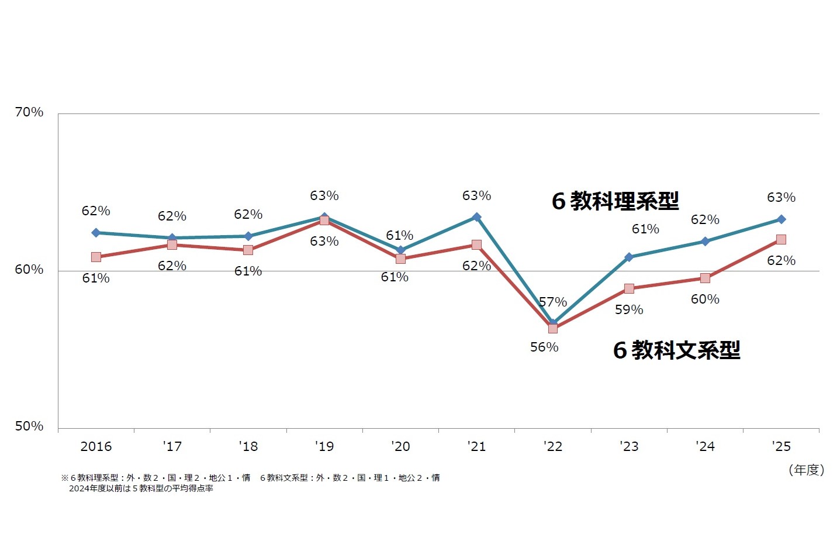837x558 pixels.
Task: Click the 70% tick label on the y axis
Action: (x=29, y=112)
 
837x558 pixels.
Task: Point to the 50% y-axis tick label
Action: (x=29, y=426)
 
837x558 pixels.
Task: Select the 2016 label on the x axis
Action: (x=96, y=447)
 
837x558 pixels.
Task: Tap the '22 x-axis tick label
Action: (x=552, y=447)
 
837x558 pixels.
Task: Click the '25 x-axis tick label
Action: (x=781, y=447)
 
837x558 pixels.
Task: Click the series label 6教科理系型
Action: (x=615, y=201)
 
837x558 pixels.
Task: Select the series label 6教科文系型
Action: (x=676, y=350)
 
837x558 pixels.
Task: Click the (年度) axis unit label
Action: (x=806, y=470)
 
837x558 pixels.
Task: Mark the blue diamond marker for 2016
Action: (x=96, y=233)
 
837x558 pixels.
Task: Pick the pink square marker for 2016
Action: (x=96, y=257)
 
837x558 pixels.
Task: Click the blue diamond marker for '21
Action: (x=476, y=217)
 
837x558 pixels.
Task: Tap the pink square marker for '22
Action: (x=553, y=328)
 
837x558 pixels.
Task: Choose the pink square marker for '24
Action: (x=705, y=278)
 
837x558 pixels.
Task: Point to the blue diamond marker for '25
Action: (x=781, y=219)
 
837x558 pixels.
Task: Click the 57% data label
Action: (x=553, y=302)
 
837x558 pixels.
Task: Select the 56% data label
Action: (x=544, y=347)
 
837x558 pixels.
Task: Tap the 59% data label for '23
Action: (x=629, y=310)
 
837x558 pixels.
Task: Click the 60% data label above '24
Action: (x=705, y=299)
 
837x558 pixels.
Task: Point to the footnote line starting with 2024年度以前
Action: (x=141, y=488)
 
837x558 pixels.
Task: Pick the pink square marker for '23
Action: (x=629, y=288)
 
